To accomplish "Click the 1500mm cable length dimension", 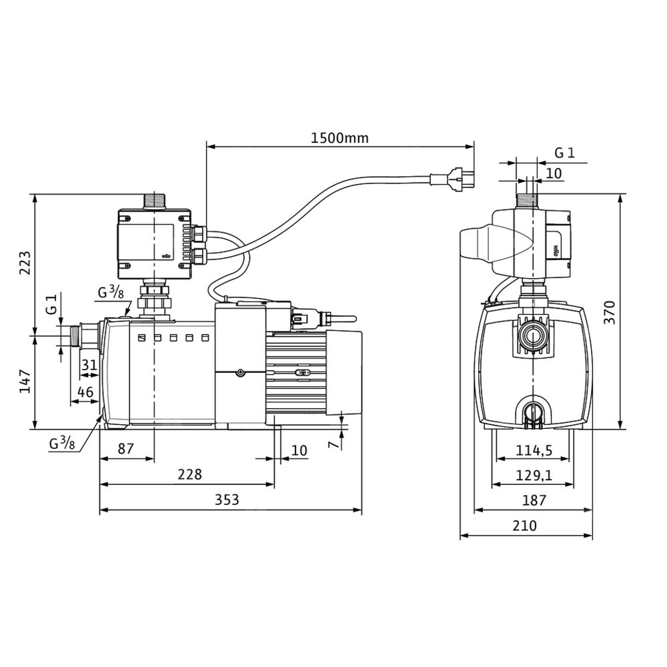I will click(x=340, y=138).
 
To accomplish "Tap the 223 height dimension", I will click(x=24, y=264).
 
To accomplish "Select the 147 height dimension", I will click(x=24, y=381).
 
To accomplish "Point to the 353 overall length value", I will click(x=230, y=499).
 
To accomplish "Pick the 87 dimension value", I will click(x=125, y=448).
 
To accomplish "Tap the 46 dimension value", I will click(x=85, y=392).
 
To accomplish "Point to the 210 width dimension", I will click(x=525, y=526).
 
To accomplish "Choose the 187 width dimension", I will click(x=534, y=500).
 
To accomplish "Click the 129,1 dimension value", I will click(x=534, y=475).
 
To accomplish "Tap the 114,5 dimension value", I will click(x=534, y=450).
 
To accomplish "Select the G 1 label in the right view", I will click(x=564, y=153).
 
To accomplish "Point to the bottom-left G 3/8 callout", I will click(x=62, y=442).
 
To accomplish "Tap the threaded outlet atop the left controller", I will click(x=154, y=200).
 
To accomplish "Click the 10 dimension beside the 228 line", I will click(x=299, y=450).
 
